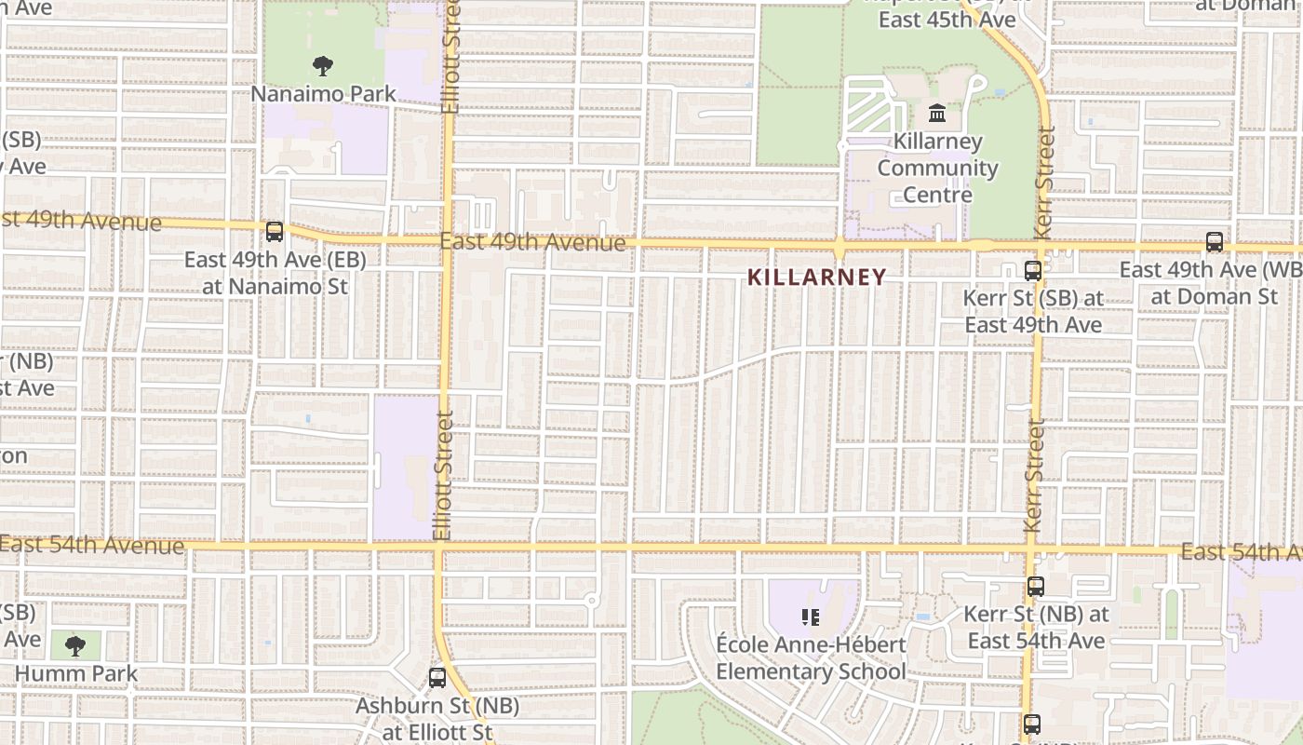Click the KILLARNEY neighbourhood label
click(x=816, y=278)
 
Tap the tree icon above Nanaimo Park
click(x=323, y=66)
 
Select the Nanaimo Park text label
click(x=323, y=94)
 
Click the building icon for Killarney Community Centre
click(x=937, y=115)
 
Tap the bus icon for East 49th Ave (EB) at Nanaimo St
click(x=275, y=232)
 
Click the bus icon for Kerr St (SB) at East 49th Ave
click(x=1032, y=271)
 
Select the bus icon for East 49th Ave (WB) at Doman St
click(x=1215, y=242)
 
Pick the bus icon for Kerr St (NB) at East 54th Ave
click(x=1035, y=587)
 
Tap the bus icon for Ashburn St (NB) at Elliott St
click(x=437, y=678)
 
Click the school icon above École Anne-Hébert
click(x=810, y=616)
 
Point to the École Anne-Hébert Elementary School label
click(x=810, y=658)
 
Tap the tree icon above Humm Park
click(x=75, y=645)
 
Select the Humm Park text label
click(x=75, y=673)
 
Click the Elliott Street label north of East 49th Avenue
click(x=451, y=58)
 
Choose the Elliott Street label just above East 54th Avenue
click(x=443, y=475)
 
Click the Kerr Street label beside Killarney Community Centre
click(x=1044, y=183)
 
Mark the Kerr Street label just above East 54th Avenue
click(x=1032, y=476)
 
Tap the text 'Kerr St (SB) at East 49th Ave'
click(x=1033, y=311)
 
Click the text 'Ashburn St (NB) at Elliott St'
click(x=423, y=719)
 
